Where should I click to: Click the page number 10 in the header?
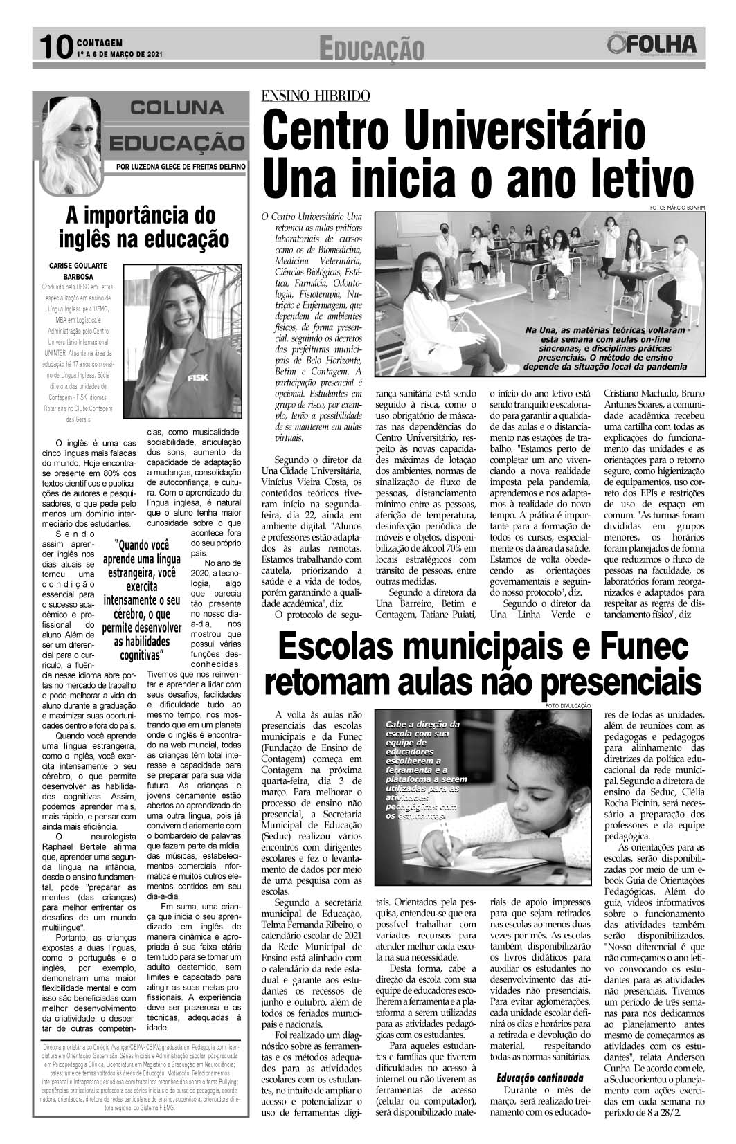click(x=53, y=47)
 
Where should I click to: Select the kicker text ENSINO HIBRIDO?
click(x=315, y=96)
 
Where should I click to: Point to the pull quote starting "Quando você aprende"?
click(x=141, y=600)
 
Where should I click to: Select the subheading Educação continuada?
click(x=539, y=1078)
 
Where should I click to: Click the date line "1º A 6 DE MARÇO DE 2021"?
click(x=120, y=53)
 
